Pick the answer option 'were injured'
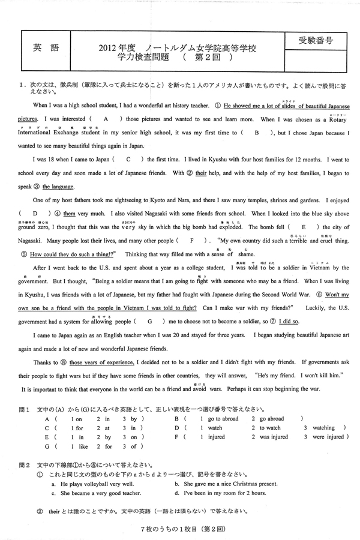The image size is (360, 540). (328, 437)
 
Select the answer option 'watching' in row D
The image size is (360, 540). (323, 428)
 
